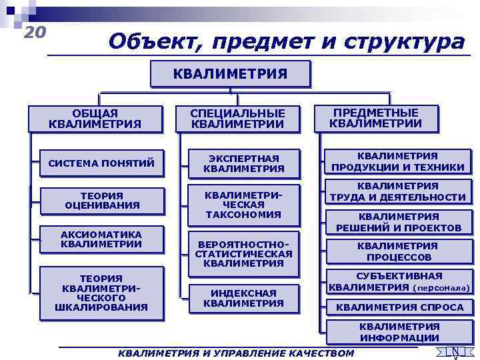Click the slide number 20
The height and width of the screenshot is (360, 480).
coord(35,31)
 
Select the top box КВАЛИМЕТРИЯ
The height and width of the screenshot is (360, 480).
coord(230,73)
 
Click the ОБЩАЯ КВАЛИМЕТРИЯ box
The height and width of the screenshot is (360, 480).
coord(95,119)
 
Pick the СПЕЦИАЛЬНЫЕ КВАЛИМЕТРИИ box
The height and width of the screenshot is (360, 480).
coord(237,119)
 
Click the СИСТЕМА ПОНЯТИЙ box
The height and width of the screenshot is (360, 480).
coord(101,163)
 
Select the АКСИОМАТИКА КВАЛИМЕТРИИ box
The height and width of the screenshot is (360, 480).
coord(101,239)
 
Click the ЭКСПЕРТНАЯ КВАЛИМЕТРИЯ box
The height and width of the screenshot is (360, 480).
coord(243,163)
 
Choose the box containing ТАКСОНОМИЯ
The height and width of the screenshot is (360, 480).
coord(243,204)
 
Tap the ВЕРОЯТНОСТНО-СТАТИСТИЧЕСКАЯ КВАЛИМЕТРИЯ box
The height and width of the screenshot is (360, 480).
coord(243,254)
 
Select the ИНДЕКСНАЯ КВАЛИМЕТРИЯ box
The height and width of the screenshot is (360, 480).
coord(243,298)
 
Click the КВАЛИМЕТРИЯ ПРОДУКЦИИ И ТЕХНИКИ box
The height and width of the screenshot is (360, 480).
coord(398,161)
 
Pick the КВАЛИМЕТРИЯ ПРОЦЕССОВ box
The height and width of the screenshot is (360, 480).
coord(398,251)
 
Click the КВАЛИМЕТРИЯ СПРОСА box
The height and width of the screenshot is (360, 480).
coord(399,307)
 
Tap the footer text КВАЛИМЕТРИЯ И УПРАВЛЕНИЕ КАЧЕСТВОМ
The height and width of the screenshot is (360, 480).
coord(235,353)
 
